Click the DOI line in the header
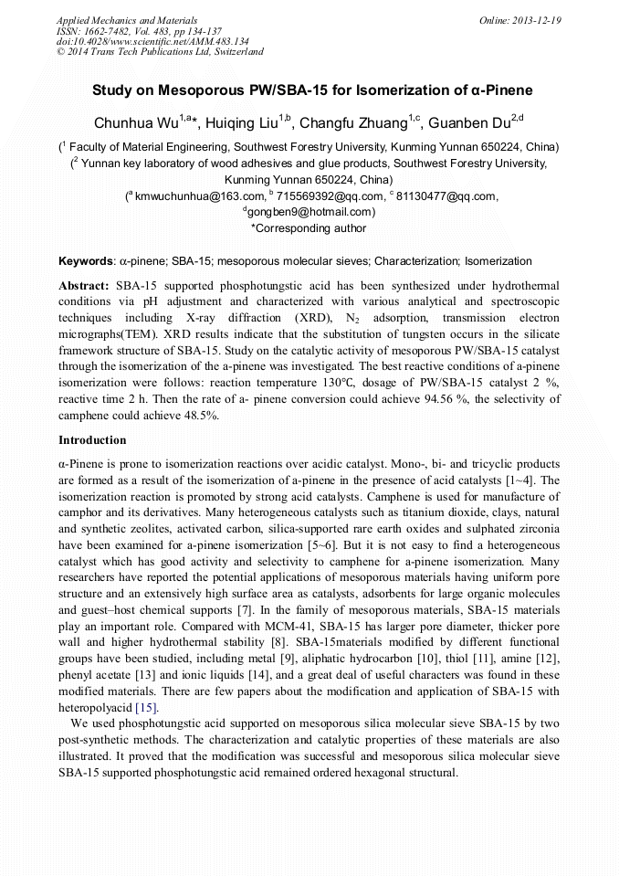tap(152, 41)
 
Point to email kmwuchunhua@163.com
tap(186, 195)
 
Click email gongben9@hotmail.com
tap(310, 212)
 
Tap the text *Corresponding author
tap(309, 228)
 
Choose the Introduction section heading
tap(92, 440)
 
